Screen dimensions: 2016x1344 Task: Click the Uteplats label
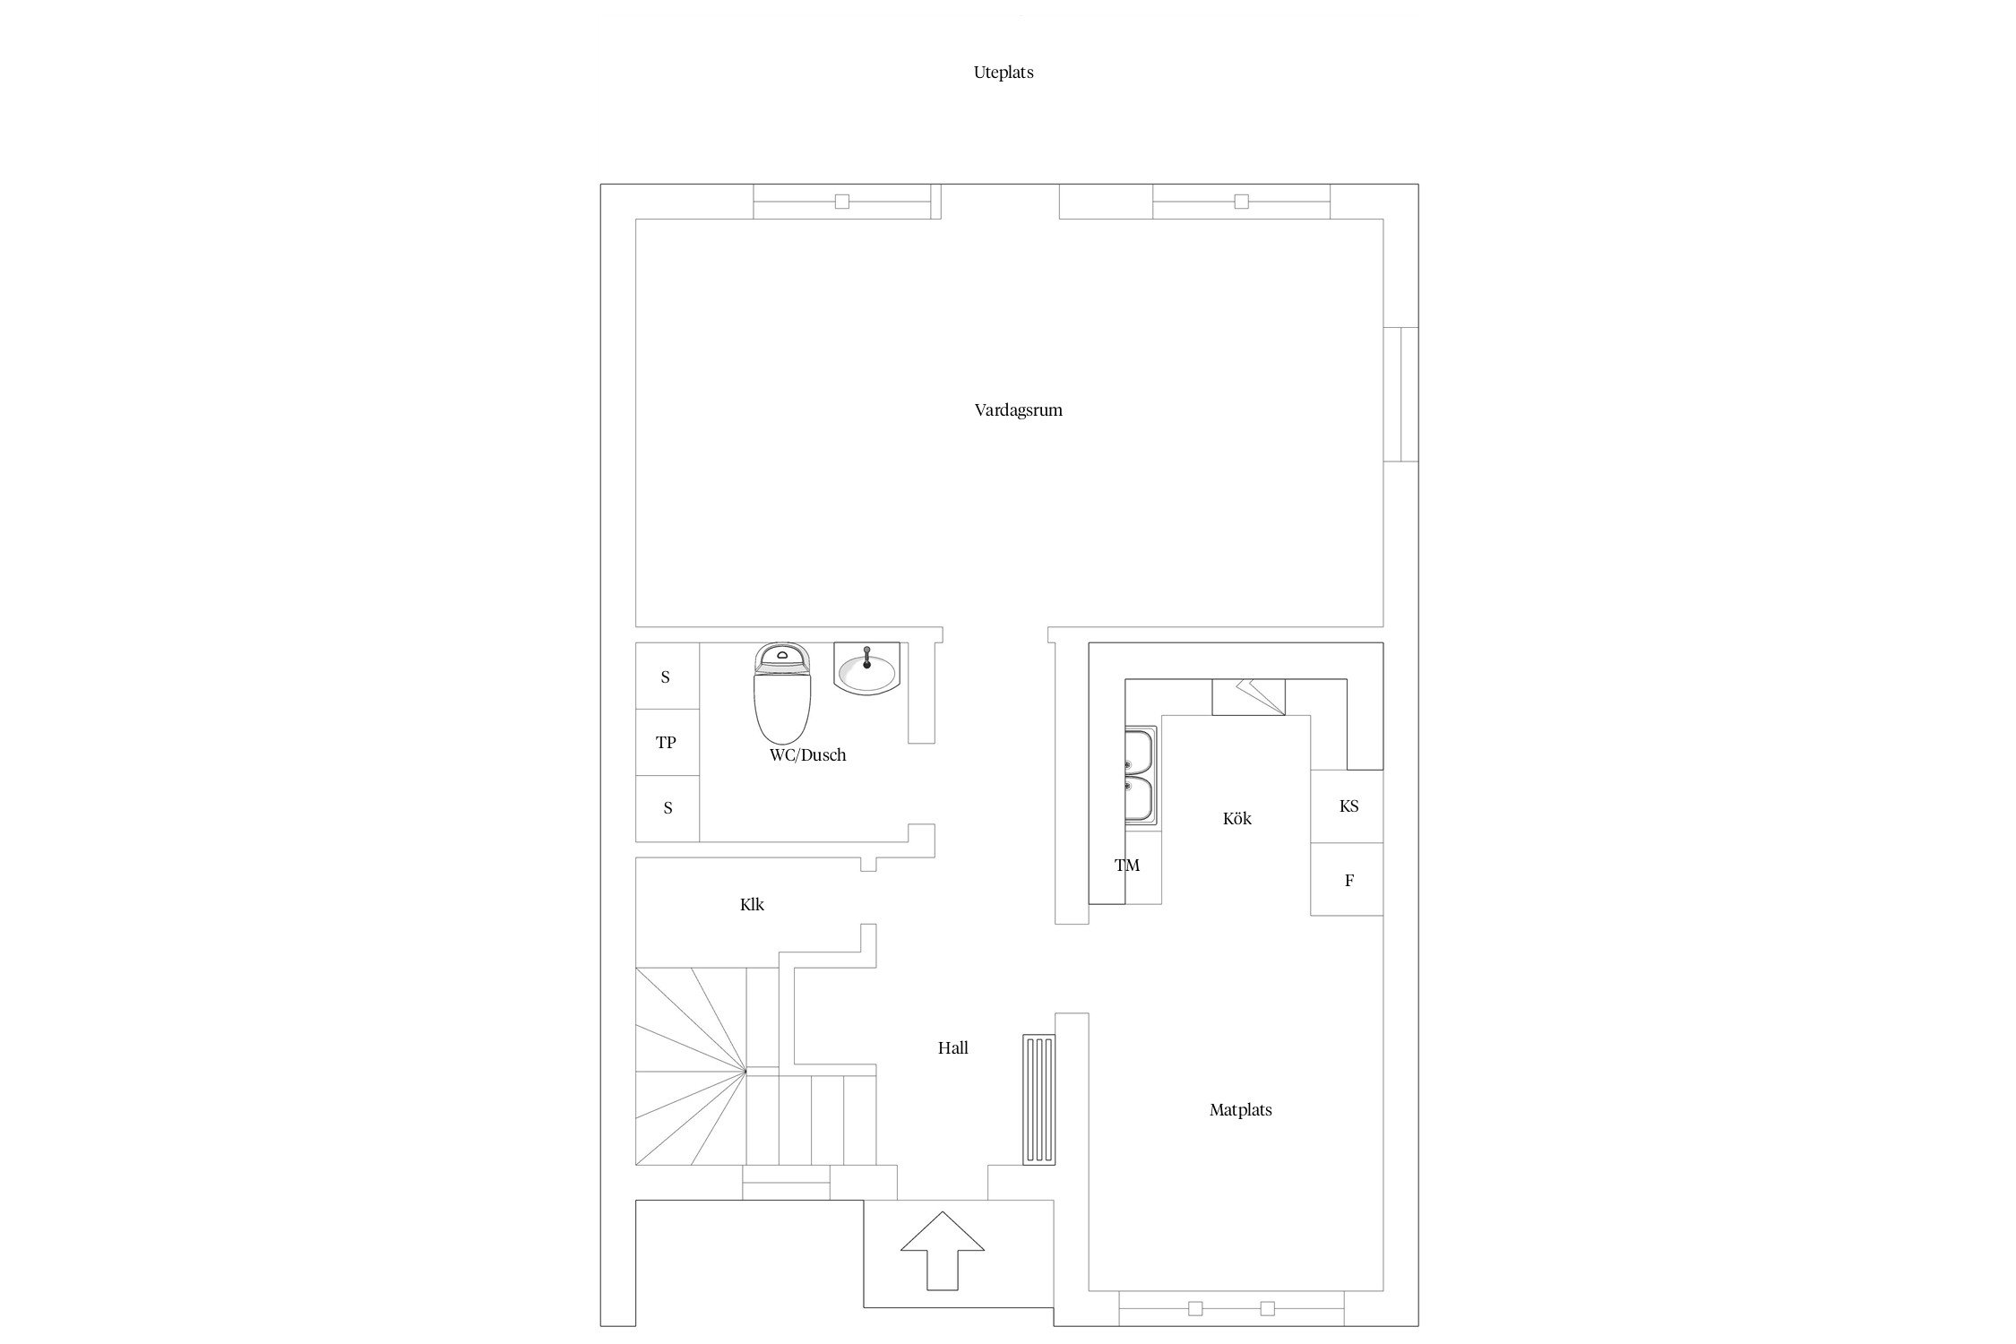point(1004,73)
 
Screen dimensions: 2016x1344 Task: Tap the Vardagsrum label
point(1019,410)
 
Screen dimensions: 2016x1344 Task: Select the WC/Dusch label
point(807,755)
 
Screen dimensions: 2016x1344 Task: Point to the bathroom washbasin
point(866,668)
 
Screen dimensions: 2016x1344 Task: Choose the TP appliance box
point(667,743)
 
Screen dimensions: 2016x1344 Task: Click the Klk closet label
point(752,905)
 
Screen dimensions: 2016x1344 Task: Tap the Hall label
point(953,1048)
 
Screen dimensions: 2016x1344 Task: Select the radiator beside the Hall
point(1038,1099)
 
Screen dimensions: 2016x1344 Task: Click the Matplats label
point(1241,1110)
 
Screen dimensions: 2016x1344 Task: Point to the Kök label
point(1237,819)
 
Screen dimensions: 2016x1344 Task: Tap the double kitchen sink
point(1141,776)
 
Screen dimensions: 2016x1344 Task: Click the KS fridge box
point(1347,806)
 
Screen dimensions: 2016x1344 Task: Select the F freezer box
point(1347,880)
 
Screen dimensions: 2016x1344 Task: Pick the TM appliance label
point(1127,866)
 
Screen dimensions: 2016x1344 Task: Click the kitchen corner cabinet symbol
point(1248,697)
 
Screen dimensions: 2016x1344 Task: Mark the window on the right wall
point(1400,394)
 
